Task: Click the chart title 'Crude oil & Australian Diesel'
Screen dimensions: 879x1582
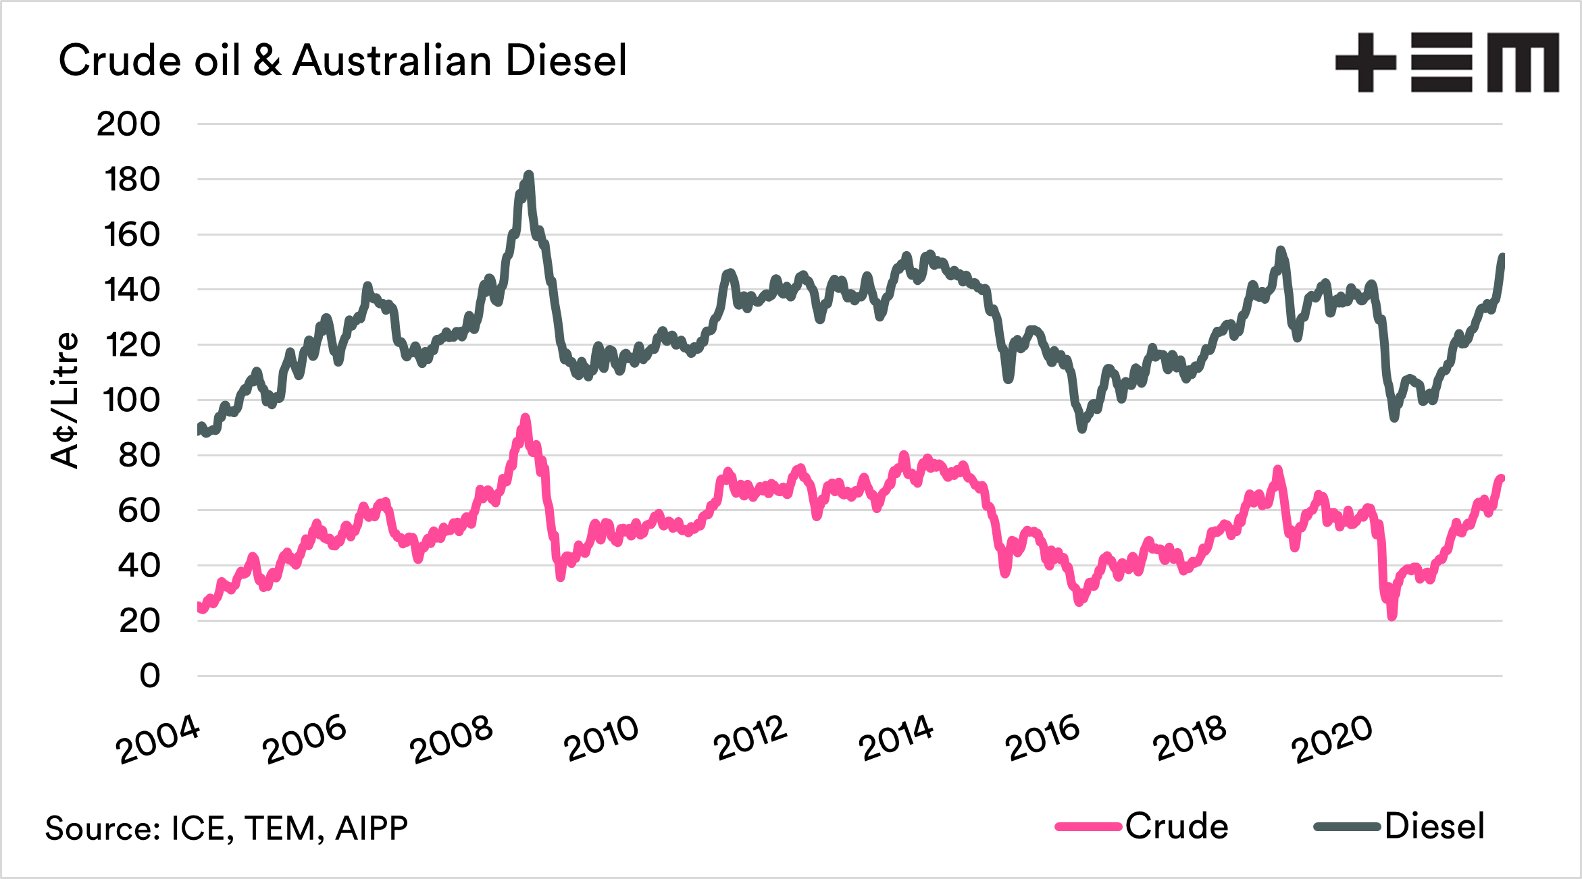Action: point(342,61)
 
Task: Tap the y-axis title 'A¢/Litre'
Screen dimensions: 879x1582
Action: point(65,400)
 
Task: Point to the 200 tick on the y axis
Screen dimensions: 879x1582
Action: point(128,124)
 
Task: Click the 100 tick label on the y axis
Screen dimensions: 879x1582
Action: point(131,400)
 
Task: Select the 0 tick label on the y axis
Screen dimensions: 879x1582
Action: point(150,676)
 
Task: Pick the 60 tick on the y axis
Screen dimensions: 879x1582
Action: point(138,510)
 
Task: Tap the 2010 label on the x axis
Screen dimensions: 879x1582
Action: point(601,739)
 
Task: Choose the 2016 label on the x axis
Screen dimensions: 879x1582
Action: point(1042,739)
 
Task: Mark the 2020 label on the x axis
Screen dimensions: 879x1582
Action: point(1331,739)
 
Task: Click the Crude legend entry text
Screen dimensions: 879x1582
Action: point(1177,826)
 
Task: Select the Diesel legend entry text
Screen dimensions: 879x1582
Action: point(1434,826)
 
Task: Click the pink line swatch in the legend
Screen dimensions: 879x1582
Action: point(1088,827)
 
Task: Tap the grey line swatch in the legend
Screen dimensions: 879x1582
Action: point(1346,827)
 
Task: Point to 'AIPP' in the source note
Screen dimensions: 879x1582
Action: point(372,828)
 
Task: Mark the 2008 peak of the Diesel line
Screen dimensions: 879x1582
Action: point(529,175)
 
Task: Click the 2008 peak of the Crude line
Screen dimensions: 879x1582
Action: point(526,418)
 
